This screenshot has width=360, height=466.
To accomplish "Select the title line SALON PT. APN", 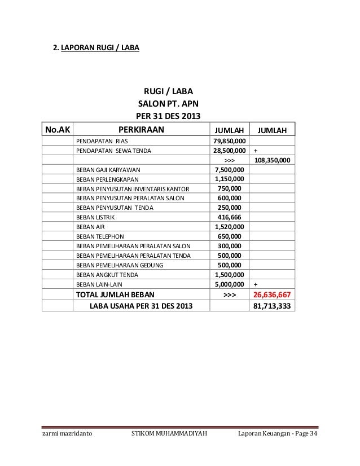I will tap(164, 104).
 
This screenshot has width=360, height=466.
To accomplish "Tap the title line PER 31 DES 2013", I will tap(164, 117).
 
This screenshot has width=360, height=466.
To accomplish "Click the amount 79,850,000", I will tap(229, 140).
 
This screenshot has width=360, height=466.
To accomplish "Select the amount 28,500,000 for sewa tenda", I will tap(229, 151).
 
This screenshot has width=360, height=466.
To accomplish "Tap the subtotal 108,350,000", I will tap(273, 160).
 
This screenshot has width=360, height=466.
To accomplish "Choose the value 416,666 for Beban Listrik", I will tap(230, 217).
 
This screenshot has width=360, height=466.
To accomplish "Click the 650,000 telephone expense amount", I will tap(230, 236).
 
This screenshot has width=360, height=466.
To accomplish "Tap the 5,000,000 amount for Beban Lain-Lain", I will tap(229, 284).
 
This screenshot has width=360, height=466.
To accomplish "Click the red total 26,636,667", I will tap(273, 294).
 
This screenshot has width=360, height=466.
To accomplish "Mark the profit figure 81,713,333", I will tap(273, 306).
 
